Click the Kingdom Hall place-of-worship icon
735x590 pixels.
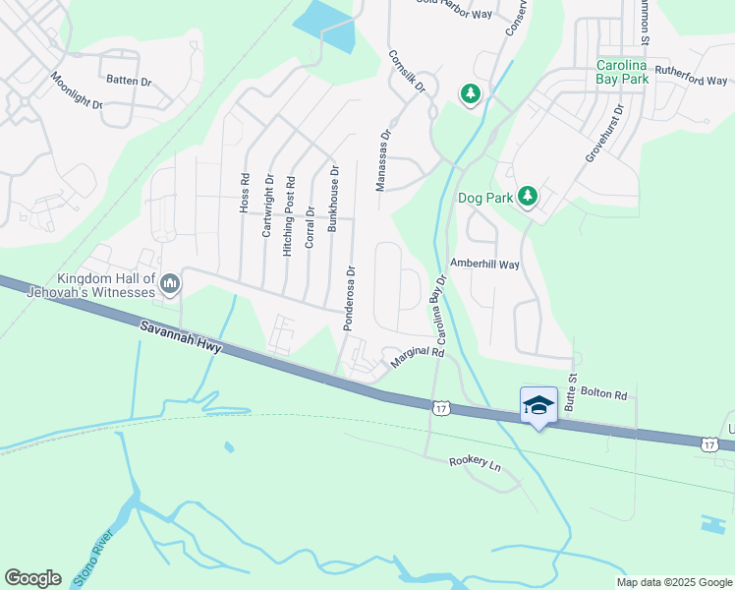click(169, 284)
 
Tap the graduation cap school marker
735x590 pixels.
click(537, 405)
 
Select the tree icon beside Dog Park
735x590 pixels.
click(528, 197)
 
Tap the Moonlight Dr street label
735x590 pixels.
click(76, 89)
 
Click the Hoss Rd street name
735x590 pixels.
click(245, 194)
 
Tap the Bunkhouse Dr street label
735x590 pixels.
click(334, 198)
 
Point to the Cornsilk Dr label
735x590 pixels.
click(405, 72)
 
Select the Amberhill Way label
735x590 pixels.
click(483, 264)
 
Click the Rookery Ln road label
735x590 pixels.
click(475, 462)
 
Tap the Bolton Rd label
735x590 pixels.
click(603, 394)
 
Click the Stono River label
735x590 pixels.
click(94, 560)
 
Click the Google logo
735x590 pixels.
click(32, 578)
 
